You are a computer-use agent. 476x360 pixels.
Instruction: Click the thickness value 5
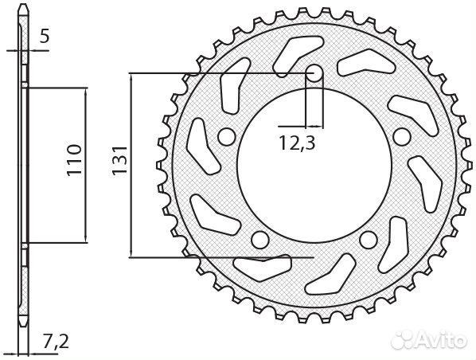click(45, 34)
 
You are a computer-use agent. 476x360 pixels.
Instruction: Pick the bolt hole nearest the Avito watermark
click(367, 240)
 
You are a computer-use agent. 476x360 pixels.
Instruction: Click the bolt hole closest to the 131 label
click(225, 137)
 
